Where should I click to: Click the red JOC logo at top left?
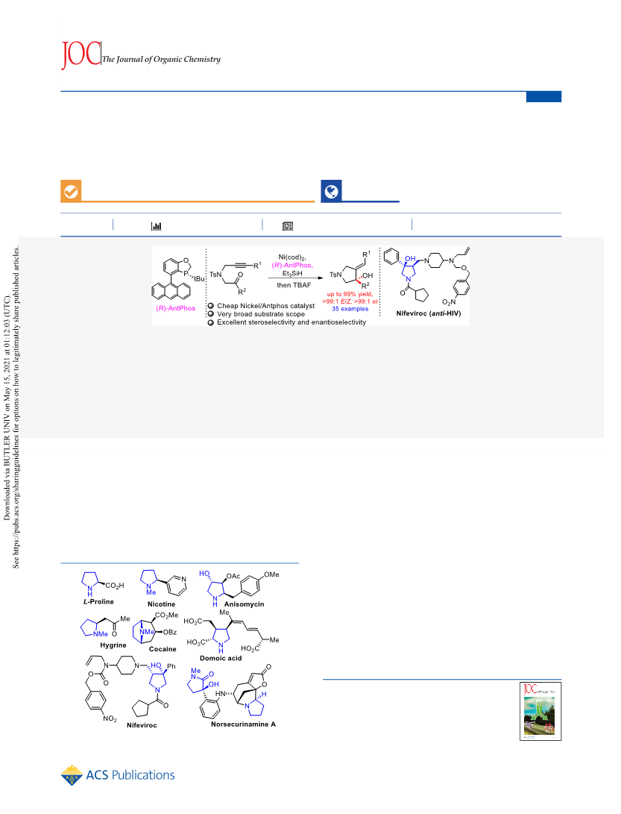[81, 54]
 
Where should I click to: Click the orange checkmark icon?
[71, 191]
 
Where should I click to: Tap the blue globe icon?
[332, 191]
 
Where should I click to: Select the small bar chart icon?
[156, 226]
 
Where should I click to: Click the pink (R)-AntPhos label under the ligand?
[175, 308]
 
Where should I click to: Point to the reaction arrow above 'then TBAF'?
[295, 278]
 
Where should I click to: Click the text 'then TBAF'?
[294, 285]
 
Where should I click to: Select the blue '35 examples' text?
[350, 309]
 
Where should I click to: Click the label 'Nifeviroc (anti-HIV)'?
[429, 313]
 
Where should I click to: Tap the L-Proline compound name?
[98, 601]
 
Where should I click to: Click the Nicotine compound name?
[161, 604]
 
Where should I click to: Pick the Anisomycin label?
[244, 604]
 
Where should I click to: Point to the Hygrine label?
[113, 645]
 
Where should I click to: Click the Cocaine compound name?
[163, 649]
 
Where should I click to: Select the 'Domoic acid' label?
[221, 658]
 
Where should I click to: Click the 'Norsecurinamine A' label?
[243, 724]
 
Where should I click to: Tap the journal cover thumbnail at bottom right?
[540, 711]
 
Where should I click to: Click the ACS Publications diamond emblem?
[72, 775]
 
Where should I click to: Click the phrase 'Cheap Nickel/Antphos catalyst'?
[265, 306]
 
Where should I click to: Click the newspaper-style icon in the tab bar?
[288, 226]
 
